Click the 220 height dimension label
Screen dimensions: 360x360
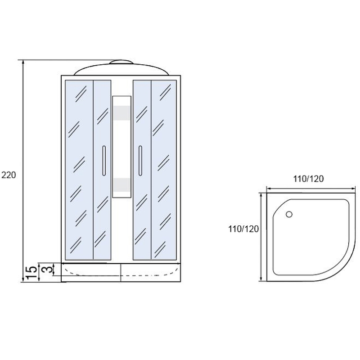pyautogui.click(x=9, y=175)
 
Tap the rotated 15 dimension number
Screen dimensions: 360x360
pyautogui.click(x=31, y=273)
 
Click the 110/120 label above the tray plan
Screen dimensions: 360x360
pyautogui.click(x=308, y=179)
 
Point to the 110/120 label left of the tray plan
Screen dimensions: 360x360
pyautogui.click(x=243, y=229)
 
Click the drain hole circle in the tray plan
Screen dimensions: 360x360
pyautogui.click(x=289, y=215)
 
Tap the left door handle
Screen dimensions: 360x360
pyautogui.click(x=104, y=161)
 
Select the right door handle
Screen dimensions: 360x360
pyautogui.click(x=140, y=161)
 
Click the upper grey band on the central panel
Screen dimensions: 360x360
pyautogui.click(x=121, y=113)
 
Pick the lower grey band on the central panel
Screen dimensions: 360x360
pyautogui.click(x=121, y=185)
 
